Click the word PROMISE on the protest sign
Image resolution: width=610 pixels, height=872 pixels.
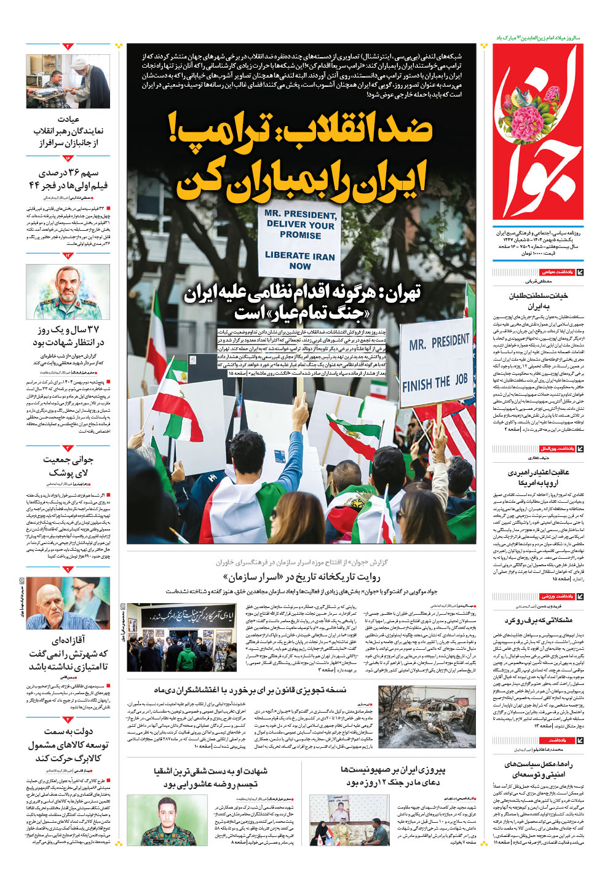tap(300, 234)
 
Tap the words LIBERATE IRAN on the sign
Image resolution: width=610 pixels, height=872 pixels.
tap(300, 255)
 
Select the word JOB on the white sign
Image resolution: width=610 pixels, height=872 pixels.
tap(461, 379)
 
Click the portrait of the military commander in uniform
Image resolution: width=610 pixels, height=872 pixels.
tap(68, 292)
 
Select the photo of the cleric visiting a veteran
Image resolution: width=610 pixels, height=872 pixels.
tap(68, 81)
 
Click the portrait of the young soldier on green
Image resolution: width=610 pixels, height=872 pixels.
tap(168, 820)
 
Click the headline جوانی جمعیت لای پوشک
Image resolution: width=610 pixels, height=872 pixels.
tap(68, 466)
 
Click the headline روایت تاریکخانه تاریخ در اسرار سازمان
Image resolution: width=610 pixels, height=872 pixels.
tap(301, 577)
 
